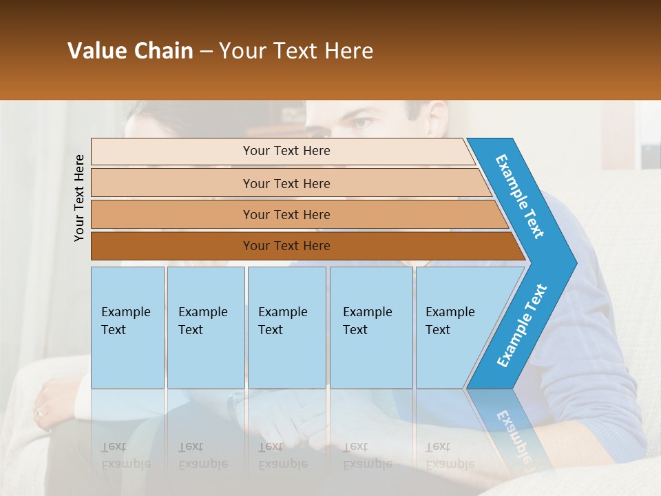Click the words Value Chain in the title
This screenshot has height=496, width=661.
(130, 51)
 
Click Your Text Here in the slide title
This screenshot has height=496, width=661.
(296, 51)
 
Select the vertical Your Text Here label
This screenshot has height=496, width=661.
(79, 198)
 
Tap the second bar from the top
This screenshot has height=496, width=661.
(286, 183)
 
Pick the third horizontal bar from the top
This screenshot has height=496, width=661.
(286, 214)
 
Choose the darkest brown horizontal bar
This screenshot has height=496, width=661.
(286, 246)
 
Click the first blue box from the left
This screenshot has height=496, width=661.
(127, 327)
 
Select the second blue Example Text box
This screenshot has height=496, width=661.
(205, 327)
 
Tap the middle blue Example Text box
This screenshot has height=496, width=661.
(286, 327)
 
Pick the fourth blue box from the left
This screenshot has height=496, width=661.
(371, 327)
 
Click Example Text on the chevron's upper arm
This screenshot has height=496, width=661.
(520, 196)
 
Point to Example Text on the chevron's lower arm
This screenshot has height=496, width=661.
(522, 325)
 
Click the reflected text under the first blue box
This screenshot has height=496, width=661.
(125, 455)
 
